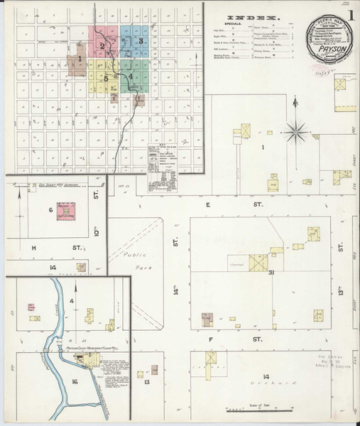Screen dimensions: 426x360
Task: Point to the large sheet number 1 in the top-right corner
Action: tap(351, 13)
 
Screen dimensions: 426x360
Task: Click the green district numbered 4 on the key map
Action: tap(131, 75)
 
